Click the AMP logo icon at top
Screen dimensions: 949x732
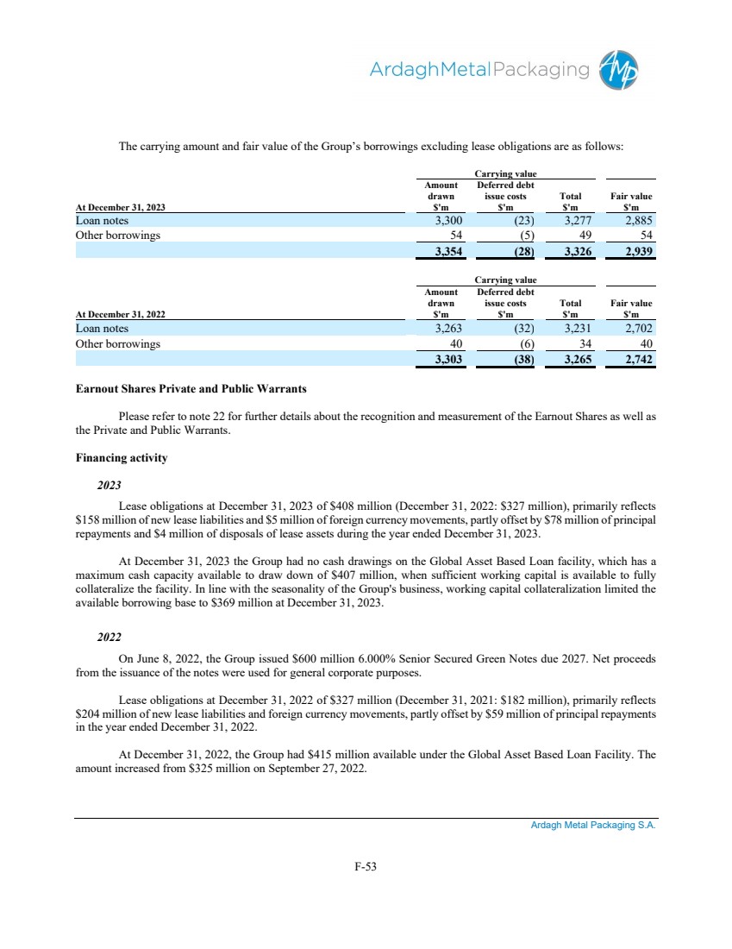coord(622,70)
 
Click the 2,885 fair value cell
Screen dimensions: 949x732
coord(636,221)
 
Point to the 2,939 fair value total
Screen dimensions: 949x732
coord(635,252)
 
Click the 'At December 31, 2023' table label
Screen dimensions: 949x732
coord(121,207)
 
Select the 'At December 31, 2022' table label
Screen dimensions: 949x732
coord(121,315)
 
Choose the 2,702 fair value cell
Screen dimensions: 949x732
coord(636,329)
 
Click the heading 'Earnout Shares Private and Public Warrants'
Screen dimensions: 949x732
coord(191,389)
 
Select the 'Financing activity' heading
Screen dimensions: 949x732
coord(122,458)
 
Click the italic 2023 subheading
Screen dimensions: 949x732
coord(109,486)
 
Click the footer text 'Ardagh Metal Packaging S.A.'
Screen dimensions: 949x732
coord(593,826)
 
